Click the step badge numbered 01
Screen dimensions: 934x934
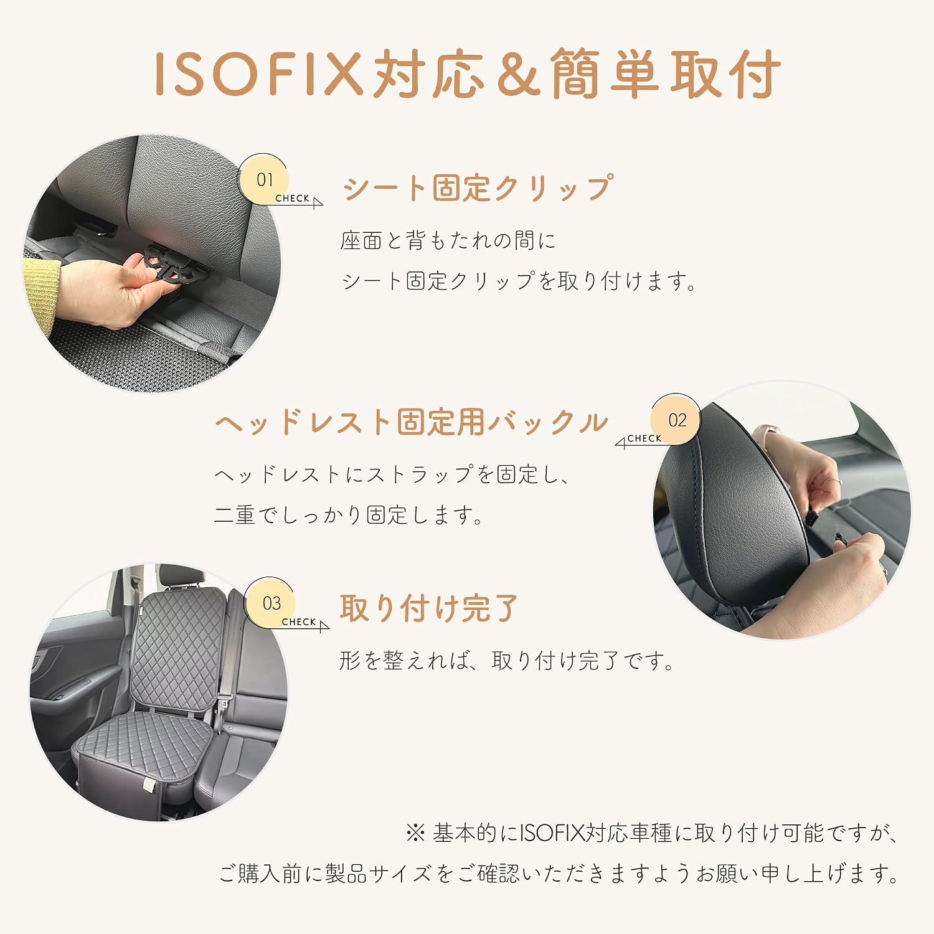point(264,179)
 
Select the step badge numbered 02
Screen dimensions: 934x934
point(676,420)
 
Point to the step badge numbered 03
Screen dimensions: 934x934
point(271,603)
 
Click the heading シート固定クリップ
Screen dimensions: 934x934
point(478,188)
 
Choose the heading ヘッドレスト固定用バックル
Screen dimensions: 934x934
point(412,422)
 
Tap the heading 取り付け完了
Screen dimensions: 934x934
point(428,608)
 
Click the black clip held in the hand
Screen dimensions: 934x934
point(174,263)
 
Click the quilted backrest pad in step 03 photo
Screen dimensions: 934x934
point(178,648)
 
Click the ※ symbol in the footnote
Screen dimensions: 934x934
point(415,833)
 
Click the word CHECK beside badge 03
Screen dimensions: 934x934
point(299,622)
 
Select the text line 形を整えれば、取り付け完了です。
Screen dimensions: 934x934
point(507,661)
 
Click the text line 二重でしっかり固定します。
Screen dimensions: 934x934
point(349,515)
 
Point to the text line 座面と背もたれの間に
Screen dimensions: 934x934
point(448,240)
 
